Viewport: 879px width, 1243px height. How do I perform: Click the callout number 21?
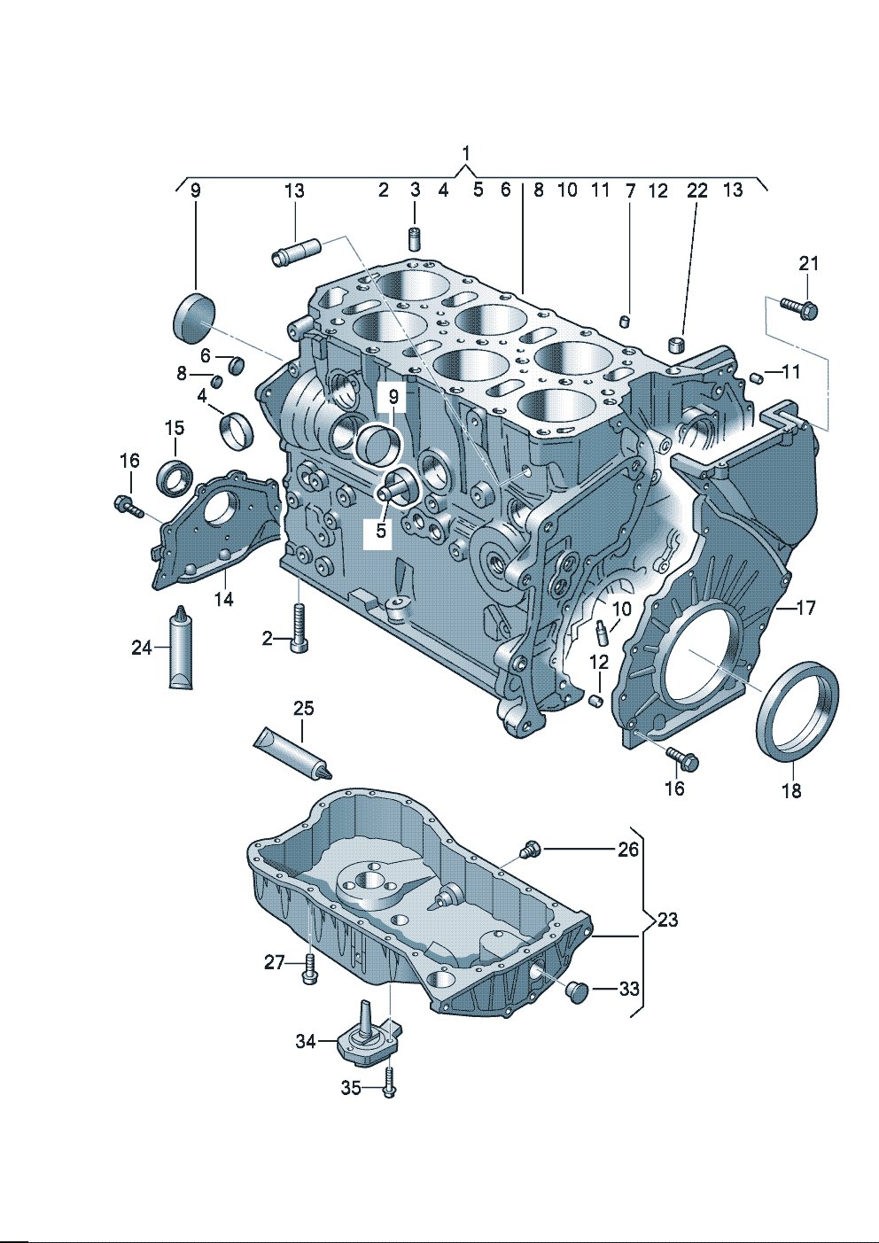click(808, 263)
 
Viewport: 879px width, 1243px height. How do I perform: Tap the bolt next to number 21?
click(799, 308)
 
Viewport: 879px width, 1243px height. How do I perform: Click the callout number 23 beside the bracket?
click(667, 920)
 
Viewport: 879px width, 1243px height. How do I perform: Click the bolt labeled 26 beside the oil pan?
click(529, 849)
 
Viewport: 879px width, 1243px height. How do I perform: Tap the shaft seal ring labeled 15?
click(175, 477)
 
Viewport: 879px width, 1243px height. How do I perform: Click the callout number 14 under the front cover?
click(223, 599)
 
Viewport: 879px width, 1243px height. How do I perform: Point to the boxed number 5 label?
click(381, 531)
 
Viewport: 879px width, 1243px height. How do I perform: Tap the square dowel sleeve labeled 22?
click(678, 344)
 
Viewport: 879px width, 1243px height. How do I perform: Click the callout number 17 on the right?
click(805, 608)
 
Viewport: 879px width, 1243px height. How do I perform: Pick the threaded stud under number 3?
click(413, 237)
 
